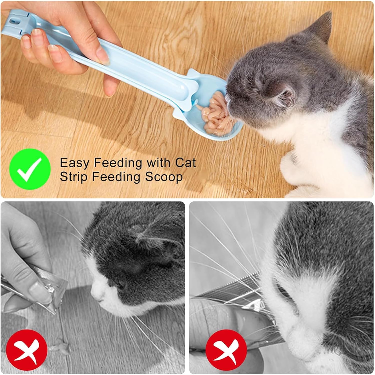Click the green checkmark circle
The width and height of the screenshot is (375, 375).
pos(30,169)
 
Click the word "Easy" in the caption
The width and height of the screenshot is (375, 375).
pos(74,163)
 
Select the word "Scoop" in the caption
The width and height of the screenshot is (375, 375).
pos(164,177)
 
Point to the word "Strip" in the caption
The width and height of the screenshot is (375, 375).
pos(74,177)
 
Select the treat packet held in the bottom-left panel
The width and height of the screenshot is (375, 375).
pos(54,291)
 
